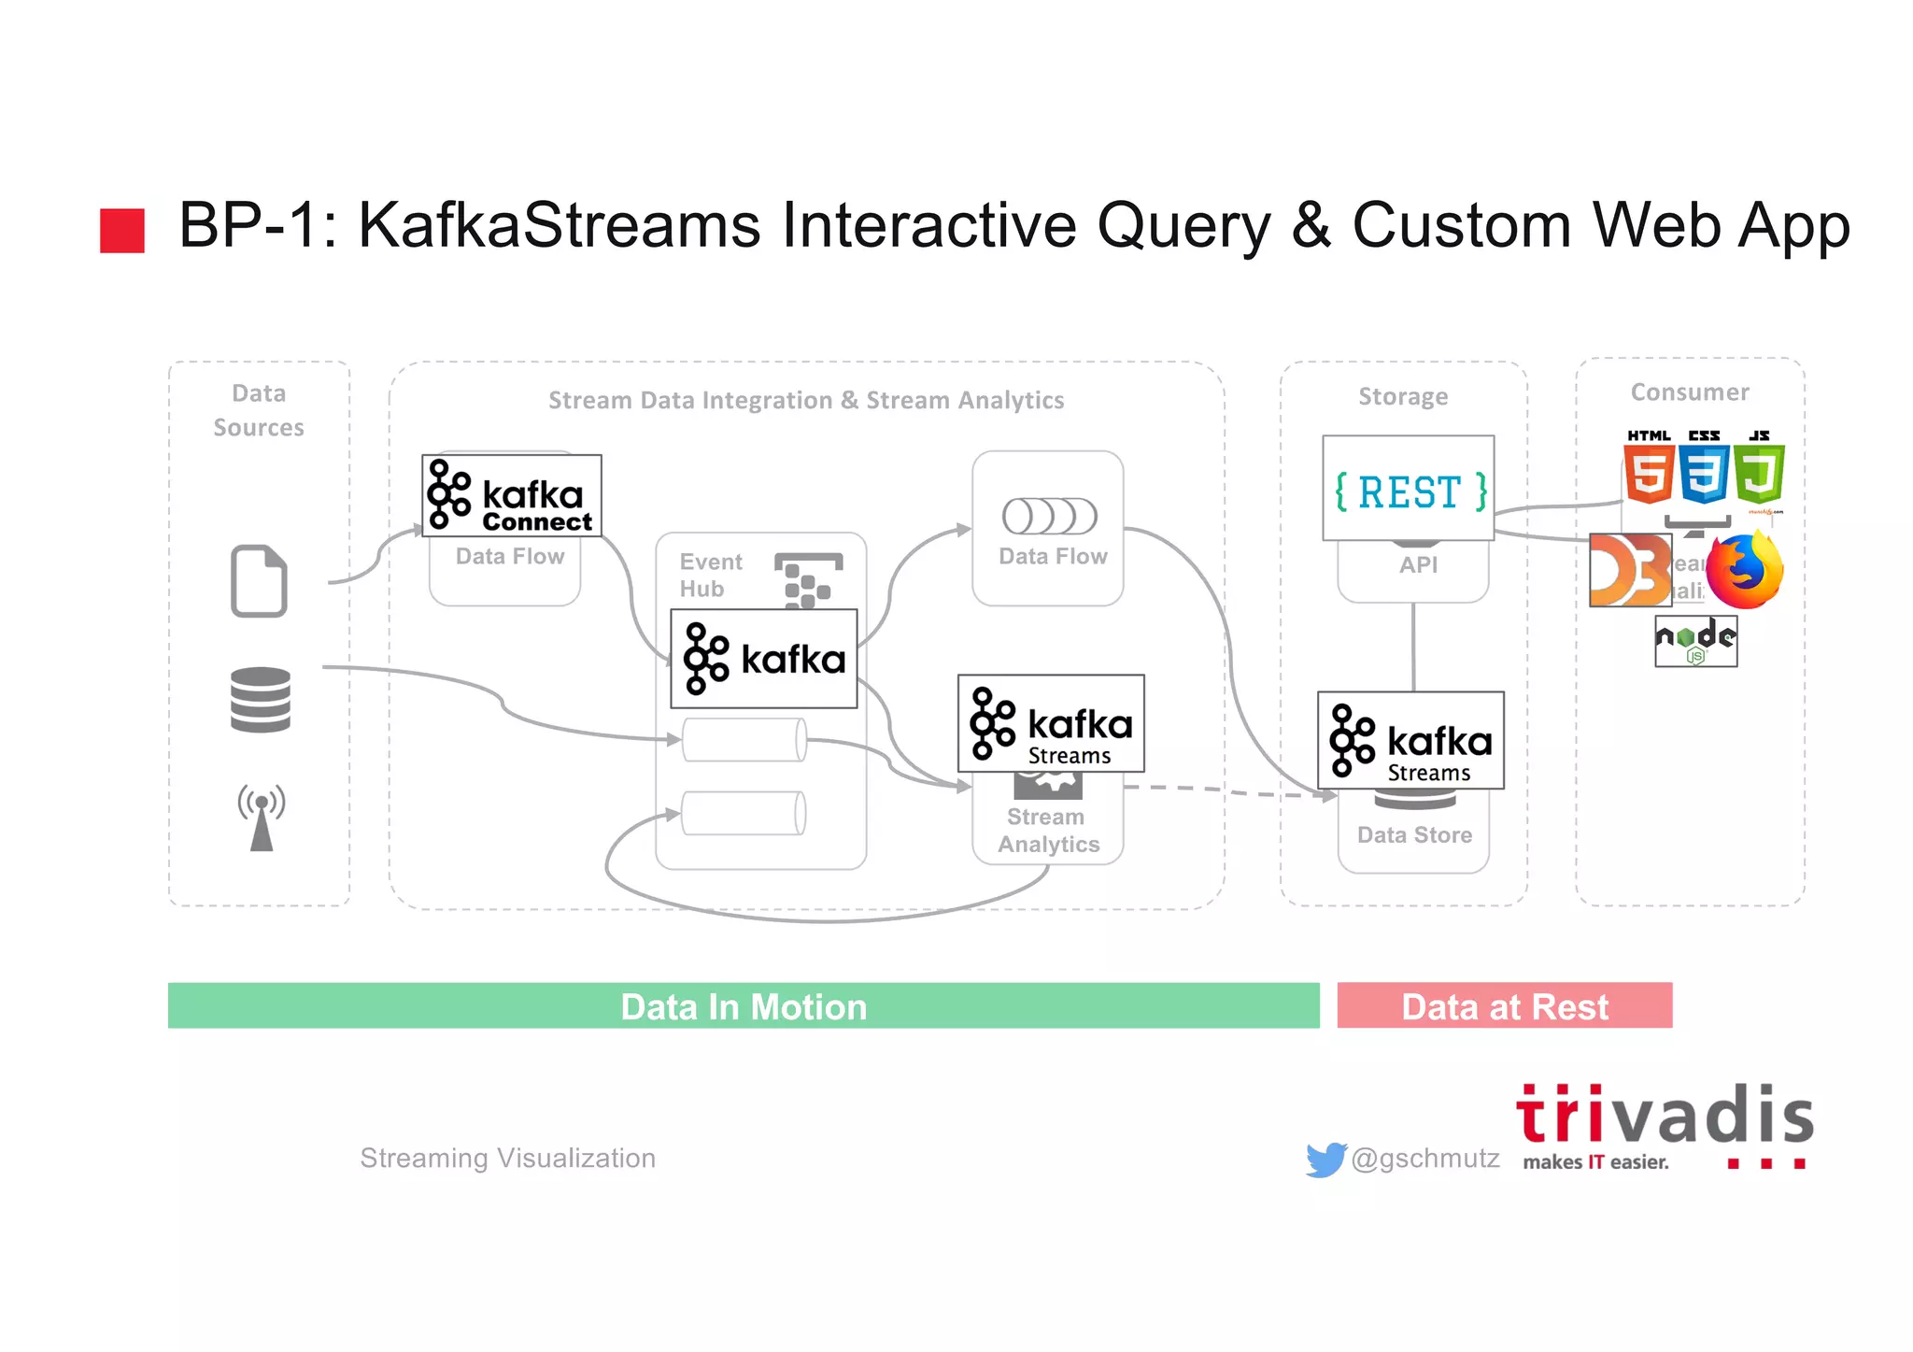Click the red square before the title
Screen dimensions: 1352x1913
coord(122,231)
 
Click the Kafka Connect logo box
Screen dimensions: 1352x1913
coord(511,495)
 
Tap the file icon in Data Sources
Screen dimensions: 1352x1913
coord(259,580)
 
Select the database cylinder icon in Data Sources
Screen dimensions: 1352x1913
coord(261,699)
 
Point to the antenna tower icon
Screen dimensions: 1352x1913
coord(262,818)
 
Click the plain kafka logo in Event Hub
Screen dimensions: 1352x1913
coord(763,659)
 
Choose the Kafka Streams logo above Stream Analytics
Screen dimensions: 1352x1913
coord(1051,723)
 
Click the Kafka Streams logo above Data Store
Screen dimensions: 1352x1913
coord(1410,740)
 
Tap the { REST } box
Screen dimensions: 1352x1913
coord(1409,488)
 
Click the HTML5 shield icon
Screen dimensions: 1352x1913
coord(1649,473)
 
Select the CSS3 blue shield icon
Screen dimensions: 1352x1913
coord(1705,473)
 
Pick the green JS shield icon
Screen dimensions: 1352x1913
coord(1760,473)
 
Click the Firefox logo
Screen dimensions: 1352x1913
coord(1744,571)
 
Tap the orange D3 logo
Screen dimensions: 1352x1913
coord(1630,570)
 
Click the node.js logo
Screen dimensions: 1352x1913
coord(1695,641)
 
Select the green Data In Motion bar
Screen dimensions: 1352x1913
coord(744,1005)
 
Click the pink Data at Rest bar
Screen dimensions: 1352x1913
coord(1504,1005)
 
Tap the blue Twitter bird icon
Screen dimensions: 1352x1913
coord(1325,1159)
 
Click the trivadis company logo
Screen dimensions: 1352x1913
coord(1664,1126)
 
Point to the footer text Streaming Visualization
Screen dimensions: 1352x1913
coord(507,1158)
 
